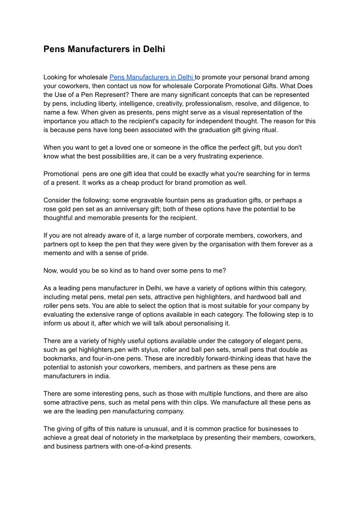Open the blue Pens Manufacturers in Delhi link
151,78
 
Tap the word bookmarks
62,359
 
